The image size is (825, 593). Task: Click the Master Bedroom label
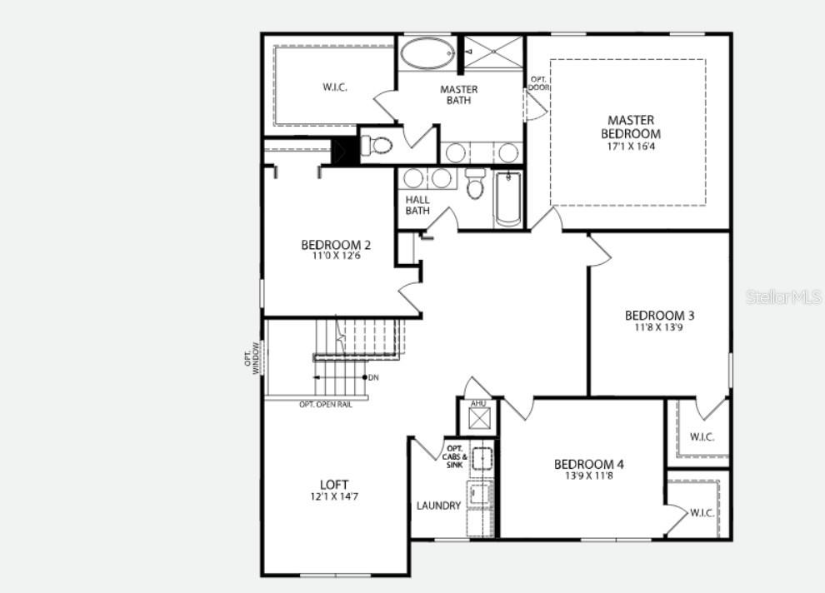[631, 127]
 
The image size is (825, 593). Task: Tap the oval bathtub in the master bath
[427, 54]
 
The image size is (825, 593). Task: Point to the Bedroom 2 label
[336, 245]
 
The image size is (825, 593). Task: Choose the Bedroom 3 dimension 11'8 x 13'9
[659, 327]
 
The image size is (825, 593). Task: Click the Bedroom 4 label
[589, 464]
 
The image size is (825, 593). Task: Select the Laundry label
[438, 506]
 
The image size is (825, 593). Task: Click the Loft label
[334, 485]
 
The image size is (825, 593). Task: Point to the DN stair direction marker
[372, 377]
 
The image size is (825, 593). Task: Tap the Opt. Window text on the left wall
[252, 358]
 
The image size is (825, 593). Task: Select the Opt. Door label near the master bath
[538, 83]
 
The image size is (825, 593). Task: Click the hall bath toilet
[475, 184]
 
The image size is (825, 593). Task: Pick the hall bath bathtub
[507, 198]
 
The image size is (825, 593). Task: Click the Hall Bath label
[417, 205]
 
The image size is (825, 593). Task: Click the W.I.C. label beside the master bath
[334, 87]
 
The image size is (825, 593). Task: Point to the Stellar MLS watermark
[782, 296]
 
